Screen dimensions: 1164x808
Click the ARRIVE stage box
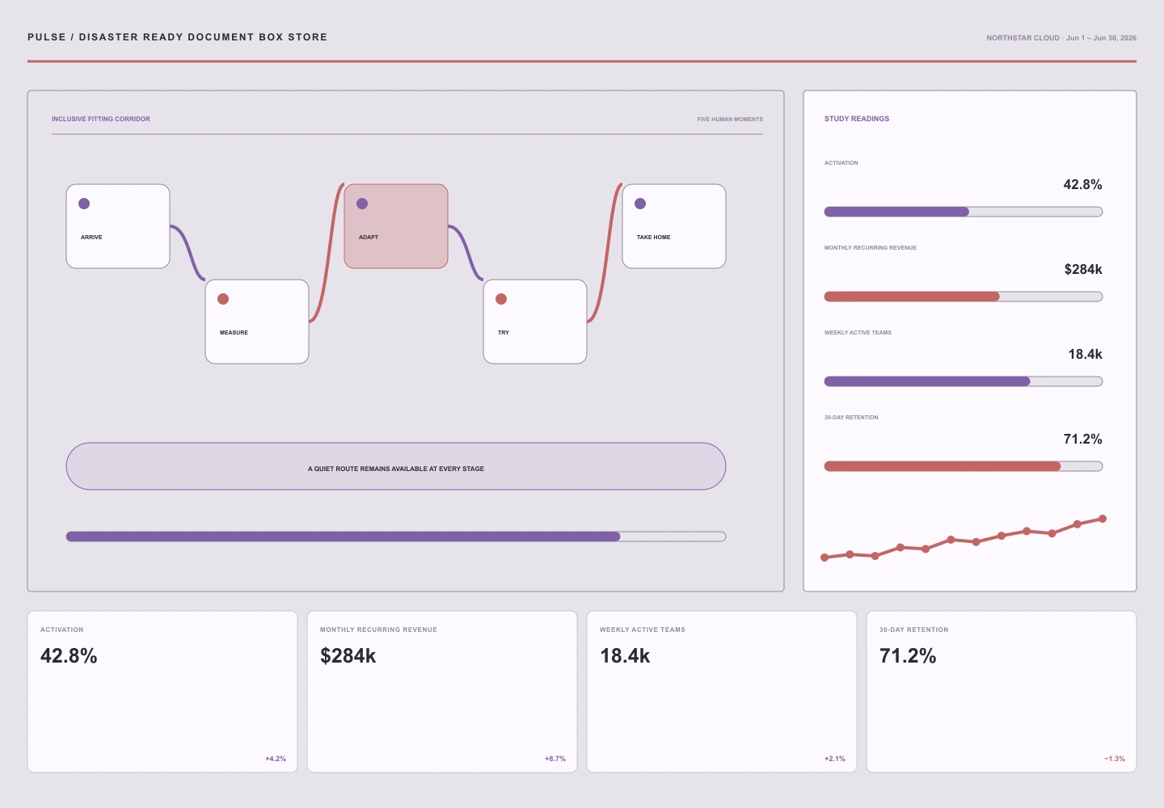118,226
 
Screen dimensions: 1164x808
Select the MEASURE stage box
257,322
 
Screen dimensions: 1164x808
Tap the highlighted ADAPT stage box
396,226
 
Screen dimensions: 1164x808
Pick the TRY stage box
535,322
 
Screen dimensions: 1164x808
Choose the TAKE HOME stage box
674,226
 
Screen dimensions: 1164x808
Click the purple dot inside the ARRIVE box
84,204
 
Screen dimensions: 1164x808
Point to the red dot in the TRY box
501,299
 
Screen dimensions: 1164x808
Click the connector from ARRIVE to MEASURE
188,252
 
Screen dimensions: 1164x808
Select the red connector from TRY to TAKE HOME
605,252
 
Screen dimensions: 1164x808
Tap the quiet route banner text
396,469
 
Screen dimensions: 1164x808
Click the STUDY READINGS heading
856,119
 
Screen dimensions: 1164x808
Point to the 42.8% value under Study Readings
1082,184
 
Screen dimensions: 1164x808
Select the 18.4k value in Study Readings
1085,354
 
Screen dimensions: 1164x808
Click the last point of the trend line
1103,519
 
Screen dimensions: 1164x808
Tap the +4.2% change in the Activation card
276,759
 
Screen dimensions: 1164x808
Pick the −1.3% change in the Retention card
1114,759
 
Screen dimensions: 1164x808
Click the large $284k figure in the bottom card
348,655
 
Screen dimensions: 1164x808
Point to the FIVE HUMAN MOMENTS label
730,119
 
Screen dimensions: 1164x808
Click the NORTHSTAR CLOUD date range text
1061,38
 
